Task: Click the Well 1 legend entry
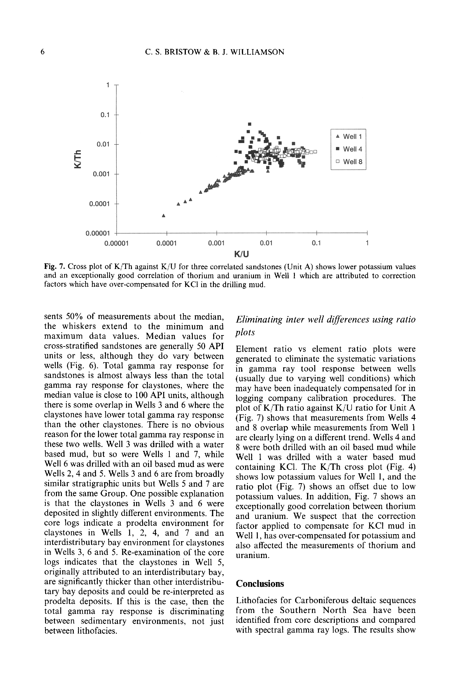[349, 137]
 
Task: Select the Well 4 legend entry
[349, 149]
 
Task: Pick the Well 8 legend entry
[349, 162]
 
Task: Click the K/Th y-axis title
[78, 159]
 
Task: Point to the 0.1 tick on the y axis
[105, 115]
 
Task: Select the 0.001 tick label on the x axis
[216, 243]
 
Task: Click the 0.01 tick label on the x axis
[266, 243]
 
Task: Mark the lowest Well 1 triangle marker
[164, 216]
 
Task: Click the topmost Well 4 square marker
[250, 124]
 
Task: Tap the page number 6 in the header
[43, 52]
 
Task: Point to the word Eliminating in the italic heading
[259, 319]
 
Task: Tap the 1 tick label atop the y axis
[108, 85]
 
